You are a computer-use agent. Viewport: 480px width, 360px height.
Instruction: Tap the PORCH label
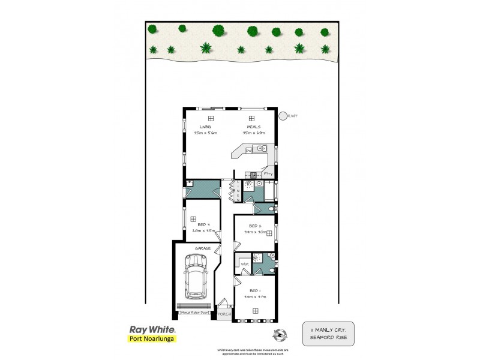224,314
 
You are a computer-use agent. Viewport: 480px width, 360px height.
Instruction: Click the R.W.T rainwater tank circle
283,116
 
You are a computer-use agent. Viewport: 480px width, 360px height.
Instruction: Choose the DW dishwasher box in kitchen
248,151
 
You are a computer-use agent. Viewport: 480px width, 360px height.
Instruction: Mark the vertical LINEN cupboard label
238,191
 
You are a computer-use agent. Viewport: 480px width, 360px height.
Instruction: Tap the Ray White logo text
153,329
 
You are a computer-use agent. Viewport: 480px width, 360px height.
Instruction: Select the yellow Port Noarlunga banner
152,339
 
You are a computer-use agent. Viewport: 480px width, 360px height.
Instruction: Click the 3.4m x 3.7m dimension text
256,296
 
